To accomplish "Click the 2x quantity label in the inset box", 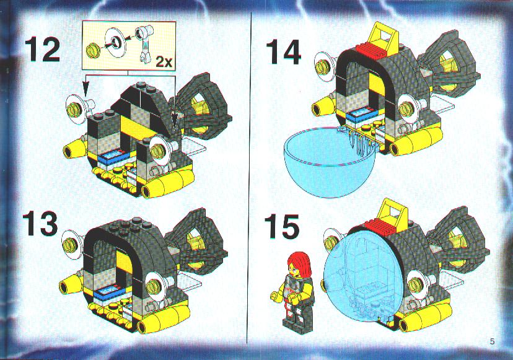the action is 164,61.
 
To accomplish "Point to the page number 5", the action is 492,342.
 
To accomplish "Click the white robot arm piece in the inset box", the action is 143,42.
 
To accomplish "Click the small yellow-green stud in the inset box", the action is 91,51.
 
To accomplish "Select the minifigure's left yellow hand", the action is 274,296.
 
